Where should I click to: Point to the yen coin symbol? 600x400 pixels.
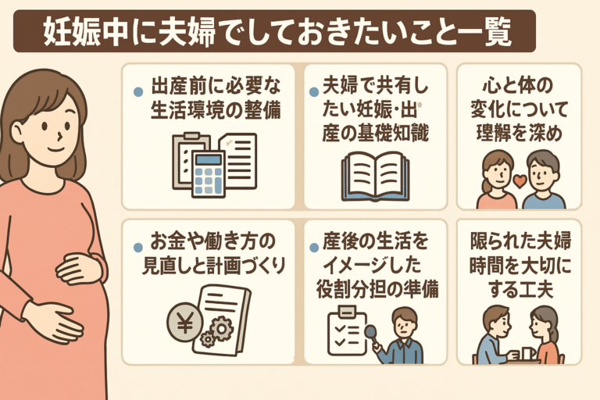(x=184, y=321)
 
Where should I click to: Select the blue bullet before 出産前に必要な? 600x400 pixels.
(x=138, y=91)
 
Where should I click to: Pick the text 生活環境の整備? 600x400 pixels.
(x=216, y=112)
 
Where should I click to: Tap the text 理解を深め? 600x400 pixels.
(x=519, y=132)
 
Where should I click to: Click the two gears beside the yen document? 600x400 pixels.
(x=216, y=330)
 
